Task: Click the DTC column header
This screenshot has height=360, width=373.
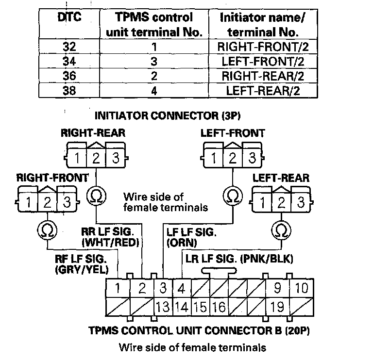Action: (69, 17)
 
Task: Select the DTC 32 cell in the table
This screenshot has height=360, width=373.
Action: (69, 47)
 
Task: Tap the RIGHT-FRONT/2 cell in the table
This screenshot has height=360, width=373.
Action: (263, 47)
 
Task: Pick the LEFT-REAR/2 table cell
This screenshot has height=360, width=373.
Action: (263, 91)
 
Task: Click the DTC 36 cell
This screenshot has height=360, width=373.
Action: (69, 76)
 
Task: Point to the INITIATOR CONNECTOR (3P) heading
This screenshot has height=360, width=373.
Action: (168, 116)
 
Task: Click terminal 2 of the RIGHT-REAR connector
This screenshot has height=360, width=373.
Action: (96, 158)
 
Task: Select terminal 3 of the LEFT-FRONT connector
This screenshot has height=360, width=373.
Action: (252, 158)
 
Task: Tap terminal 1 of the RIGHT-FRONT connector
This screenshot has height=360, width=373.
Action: (28, 202)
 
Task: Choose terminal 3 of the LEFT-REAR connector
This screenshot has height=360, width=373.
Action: (301, 202)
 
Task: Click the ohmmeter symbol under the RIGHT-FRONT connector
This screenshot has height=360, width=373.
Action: (47, 230)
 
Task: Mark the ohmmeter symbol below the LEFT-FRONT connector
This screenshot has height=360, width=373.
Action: (233, 196)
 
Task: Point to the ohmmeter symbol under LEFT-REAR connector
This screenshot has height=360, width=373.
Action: (281, 230)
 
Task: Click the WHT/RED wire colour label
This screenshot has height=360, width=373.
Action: (110, 243)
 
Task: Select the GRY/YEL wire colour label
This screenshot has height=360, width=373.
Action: (82, 269)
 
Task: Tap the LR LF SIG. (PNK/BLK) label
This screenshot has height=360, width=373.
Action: (239, 259)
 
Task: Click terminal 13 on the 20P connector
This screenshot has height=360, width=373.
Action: (163, 307)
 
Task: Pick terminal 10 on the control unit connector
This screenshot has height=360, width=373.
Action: (302, 288)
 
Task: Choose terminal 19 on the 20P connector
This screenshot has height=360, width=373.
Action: (277, 307)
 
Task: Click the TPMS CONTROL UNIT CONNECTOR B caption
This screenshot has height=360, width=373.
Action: (199, 330)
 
